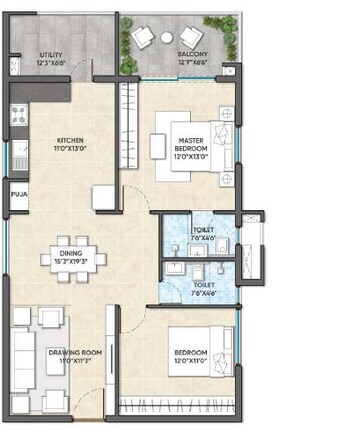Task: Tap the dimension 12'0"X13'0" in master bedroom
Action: coord(191,157)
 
